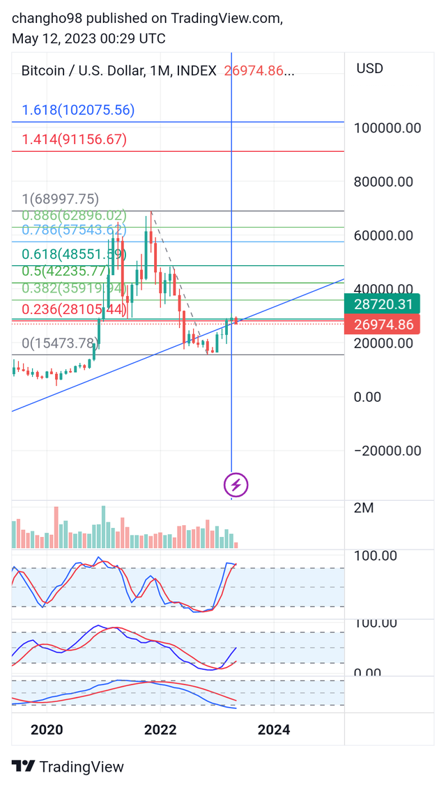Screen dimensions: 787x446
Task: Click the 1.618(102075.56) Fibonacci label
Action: pyautogui.click(x=78, y=110)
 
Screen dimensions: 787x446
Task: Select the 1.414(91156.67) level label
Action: pyautogui.click(x=74, y=139)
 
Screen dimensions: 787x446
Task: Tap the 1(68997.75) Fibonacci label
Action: pyautogui.click(x=60, y=199)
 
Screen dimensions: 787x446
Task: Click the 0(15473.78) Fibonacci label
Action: pyautogui.click(x=60, y=343)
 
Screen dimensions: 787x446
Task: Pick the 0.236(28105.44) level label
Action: pyautogui.click(x=74, y=309)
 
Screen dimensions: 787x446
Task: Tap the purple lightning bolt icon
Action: pyautogui.click(x=236, y=485)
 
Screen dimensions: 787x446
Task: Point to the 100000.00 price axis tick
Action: pyautogui.click(x=388, y=128)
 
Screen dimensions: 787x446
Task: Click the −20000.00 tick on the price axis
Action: pyautogui.click(x=388, y=451)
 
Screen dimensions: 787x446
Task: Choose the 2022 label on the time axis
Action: pyautogui.click(x=160, y=730)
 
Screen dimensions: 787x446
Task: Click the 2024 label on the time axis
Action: pyautogui.click(x=274, y=730)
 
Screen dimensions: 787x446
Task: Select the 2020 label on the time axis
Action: pyautogui.click(x=47, y=730)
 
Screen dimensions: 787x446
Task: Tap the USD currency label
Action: pyautogui.click(x=369, y=68)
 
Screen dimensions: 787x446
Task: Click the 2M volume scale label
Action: pyautogui.click(x=364, y=508)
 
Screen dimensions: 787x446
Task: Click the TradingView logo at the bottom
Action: pyautogui.click(x=68, y=767)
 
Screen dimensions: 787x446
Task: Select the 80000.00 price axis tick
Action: pyautogui.click(x=384, y=182)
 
